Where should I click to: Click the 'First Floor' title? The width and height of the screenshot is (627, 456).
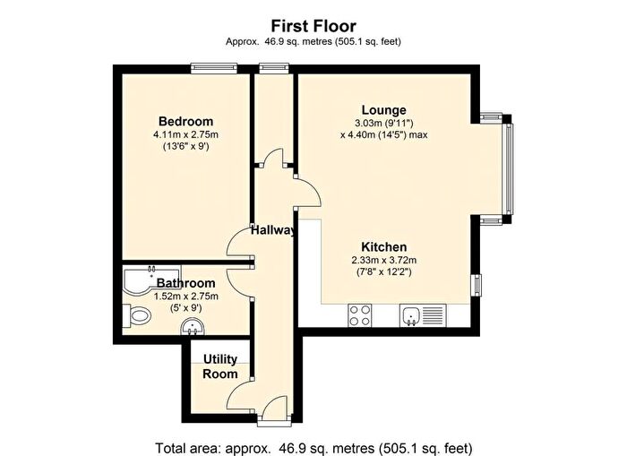click(x=313, y=26)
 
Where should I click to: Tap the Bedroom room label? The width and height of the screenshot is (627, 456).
click(x=185, y=121)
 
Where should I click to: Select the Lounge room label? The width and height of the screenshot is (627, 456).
click(x=384, y=110)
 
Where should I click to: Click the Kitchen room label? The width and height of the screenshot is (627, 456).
click(x=384, y=246)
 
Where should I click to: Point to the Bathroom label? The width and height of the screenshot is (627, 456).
click(x=186, y=283)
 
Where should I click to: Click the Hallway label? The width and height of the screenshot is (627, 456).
click(x=273, y=231)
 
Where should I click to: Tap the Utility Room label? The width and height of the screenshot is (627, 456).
click(x=220, y=366)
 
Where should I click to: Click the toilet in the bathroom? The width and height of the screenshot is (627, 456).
click(x=136, y=314)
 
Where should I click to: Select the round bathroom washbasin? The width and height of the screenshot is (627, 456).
click(x=193, y=327)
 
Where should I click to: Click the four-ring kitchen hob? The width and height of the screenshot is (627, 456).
click(x=360, y=315)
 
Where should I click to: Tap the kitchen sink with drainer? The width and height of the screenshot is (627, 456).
click(x=423, y=315)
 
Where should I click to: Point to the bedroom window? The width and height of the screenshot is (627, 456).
click(x=214, y=69)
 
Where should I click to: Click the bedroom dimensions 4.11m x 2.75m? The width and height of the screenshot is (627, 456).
click(x=185, y=134)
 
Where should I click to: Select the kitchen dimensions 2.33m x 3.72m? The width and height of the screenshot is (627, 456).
click(x=384, y=261)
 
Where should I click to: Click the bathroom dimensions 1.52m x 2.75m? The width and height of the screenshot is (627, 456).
click(x=186, y=297)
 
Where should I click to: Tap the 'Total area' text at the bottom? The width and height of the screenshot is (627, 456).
click(x=313, y=448)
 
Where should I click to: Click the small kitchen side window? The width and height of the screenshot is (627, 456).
click(x=477, y=284)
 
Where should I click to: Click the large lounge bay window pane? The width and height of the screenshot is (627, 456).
click(x=510, y=168)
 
